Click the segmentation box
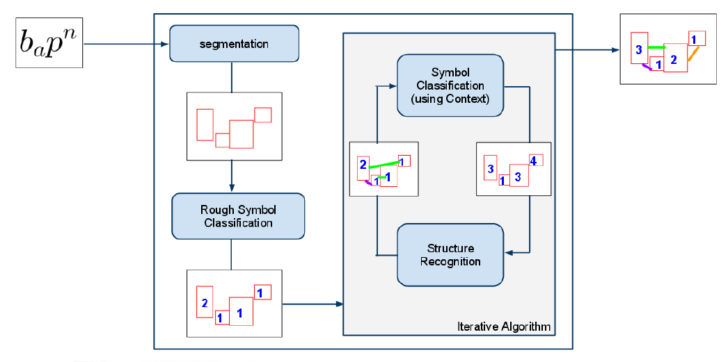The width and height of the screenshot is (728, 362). pos(234,44)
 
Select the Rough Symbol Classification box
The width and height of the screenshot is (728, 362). pos(238,217)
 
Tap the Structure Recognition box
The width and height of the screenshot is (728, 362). pos(450,254)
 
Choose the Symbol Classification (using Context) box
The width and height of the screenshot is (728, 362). pos(450,85)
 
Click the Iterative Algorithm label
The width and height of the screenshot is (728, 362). pos(504,327)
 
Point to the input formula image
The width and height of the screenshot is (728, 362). pos(49,42)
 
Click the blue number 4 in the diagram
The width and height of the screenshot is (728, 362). pos(533,161)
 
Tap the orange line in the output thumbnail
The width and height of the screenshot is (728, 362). pos(693,54)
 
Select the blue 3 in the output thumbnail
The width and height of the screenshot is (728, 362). pos(639,50)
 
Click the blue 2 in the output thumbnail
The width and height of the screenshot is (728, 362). pos(674,59)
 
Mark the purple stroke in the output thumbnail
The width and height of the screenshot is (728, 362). pos(647,67)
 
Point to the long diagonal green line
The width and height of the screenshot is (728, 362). pos(384,165)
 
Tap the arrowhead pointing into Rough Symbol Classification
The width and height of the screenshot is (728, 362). pos(232,188)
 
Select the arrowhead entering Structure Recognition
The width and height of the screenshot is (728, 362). pos(508,253)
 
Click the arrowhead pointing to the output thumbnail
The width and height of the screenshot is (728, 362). pos(615,49)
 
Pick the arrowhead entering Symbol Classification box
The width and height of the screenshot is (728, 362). pos(393,85)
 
